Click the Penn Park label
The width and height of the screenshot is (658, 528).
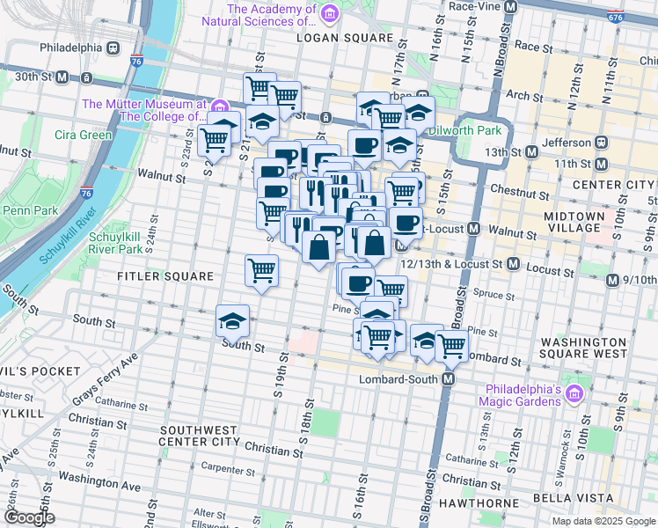pos(30,210)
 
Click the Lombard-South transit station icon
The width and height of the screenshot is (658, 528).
pos(448,379)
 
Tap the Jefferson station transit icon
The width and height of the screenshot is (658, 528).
pos(602,143)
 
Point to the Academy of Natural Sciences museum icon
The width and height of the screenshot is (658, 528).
pos(329,14)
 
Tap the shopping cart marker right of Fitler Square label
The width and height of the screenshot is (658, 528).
pos(261,270)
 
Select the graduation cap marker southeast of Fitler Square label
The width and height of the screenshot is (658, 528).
pos(232,320)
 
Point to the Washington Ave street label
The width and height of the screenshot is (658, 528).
pos(99,482)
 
